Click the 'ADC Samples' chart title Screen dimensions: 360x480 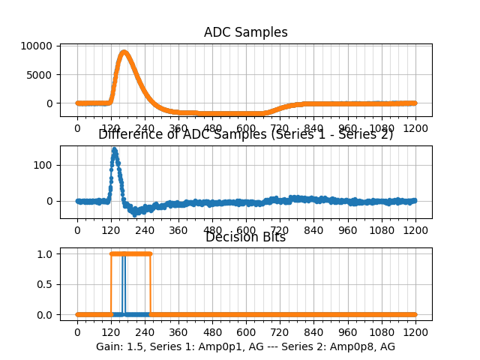point(245,32)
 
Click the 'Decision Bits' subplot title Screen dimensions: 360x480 point(245,238)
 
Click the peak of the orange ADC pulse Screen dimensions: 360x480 point(124,52)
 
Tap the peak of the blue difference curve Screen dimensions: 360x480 point(114,149)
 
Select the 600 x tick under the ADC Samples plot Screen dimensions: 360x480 point(246,128)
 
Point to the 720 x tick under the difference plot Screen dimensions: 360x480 point(280,230)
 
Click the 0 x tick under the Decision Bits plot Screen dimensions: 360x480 point(76,331)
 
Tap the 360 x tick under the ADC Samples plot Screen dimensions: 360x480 point(178,128)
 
